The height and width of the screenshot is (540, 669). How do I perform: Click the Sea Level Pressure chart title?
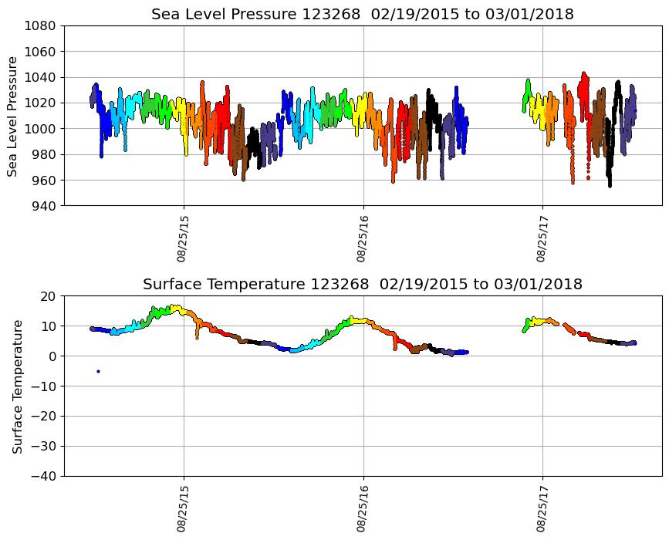362,15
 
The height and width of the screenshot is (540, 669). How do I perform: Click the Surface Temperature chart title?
362,285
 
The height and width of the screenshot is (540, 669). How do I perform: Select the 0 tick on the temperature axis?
53,356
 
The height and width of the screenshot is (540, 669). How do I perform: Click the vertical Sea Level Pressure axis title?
13,116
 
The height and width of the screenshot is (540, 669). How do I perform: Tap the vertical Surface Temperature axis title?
17,386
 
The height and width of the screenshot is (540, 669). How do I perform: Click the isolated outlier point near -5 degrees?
98,371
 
